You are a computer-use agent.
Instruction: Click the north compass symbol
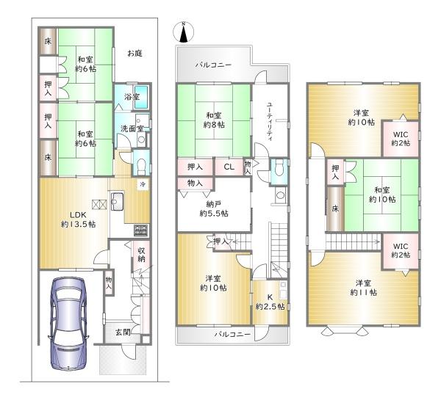(x=183, y=32)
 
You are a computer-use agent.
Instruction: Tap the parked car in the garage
(x=68, y=324)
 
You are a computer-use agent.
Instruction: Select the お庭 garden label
(x=135, y=53)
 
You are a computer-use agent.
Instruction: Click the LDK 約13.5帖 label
(x=78, y=219)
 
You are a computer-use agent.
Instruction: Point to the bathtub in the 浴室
(x=141, y=97)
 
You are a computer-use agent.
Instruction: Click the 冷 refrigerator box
(x=143, y=184)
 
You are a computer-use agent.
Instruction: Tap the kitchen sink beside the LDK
(x=117, y=201)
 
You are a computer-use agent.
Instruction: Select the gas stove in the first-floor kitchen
(x=141, y=230)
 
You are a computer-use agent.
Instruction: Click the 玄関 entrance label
(x=123, y=332)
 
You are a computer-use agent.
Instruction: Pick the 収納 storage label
(x=141, y=255)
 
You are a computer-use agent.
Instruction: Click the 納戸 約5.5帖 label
(x=214, y=208)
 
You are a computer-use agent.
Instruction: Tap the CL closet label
(x=229, y=167)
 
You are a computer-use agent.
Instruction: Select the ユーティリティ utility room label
(x=270, y=121)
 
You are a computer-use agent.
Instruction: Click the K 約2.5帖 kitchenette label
(x=270, y=302)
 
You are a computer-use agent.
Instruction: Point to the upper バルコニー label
(x=213, y=65)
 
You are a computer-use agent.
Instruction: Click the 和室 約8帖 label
(x=214, y=120)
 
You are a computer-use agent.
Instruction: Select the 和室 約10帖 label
(x=382, y=194)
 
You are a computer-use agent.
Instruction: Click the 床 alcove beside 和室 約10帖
(x=335, y=208)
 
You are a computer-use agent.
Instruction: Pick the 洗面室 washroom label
(x=132, y=128)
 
